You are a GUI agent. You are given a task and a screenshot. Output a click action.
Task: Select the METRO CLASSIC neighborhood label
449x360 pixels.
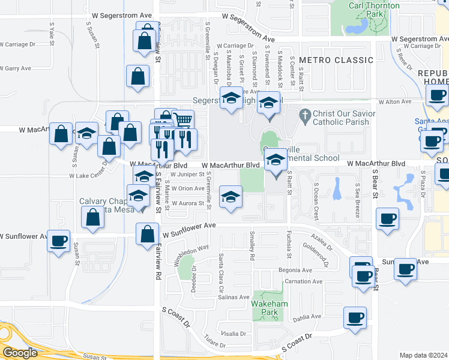point(336,60)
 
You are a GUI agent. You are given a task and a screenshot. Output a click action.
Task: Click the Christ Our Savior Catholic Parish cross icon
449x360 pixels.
point(305,114)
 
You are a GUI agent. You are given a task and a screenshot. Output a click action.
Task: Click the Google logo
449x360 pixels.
point(20,353)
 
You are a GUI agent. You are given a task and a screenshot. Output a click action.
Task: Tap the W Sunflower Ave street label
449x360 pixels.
point(187,226)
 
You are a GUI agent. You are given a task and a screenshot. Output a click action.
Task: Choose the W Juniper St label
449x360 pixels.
point(187,175)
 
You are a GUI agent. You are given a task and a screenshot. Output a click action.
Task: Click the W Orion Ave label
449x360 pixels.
point(188,188)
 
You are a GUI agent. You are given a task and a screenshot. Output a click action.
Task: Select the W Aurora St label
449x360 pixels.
point(188,203)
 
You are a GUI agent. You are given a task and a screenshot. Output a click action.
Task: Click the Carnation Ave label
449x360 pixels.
point(304,281)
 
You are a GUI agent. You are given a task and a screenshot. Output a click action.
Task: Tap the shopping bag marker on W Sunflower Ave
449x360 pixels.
point(147,235)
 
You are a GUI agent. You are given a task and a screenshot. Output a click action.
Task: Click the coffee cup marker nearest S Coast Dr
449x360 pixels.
point(355,318)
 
